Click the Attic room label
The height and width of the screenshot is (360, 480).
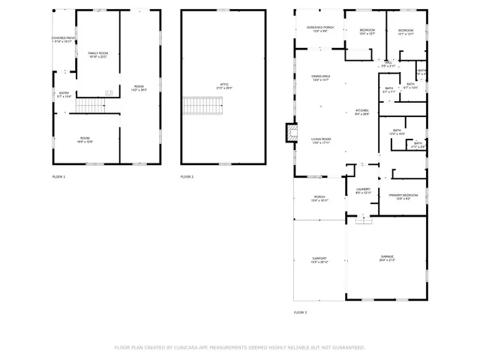point(223,87)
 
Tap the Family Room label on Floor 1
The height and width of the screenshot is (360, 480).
point(97,55)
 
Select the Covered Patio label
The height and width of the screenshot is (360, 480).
point(63,39)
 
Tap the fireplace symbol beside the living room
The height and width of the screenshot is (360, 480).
point(288,133)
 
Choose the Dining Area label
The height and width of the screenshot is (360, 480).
point(321,78)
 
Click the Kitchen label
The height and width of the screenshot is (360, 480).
point(361,112)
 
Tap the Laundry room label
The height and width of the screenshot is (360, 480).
point(363,190)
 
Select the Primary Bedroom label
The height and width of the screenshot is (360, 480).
point(403,196)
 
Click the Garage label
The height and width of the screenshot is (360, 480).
point(387,258)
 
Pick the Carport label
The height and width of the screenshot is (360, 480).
point(319,260)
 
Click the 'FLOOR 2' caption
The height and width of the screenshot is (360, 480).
point(187,176)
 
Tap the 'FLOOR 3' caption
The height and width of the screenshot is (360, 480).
point(300,311)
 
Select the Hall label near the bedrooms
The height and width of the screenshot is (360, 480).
point(387,64)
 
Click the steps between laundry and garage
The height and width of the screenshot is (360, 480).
point(364,219)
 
